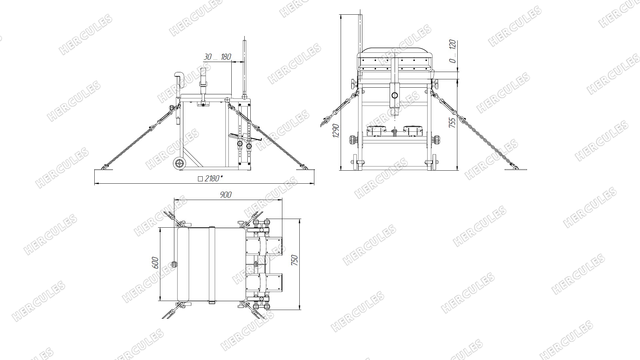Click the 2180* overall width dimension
pos(213,179)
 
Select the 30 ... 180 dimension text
pos(217,57)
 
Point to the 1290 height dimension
pos(336,131)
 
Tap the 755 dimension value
pos(452,123)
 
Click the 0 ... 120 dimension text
pos(452,51)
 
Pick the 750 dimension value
pos(294,260)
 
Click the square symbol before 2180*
pos(200,179)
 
